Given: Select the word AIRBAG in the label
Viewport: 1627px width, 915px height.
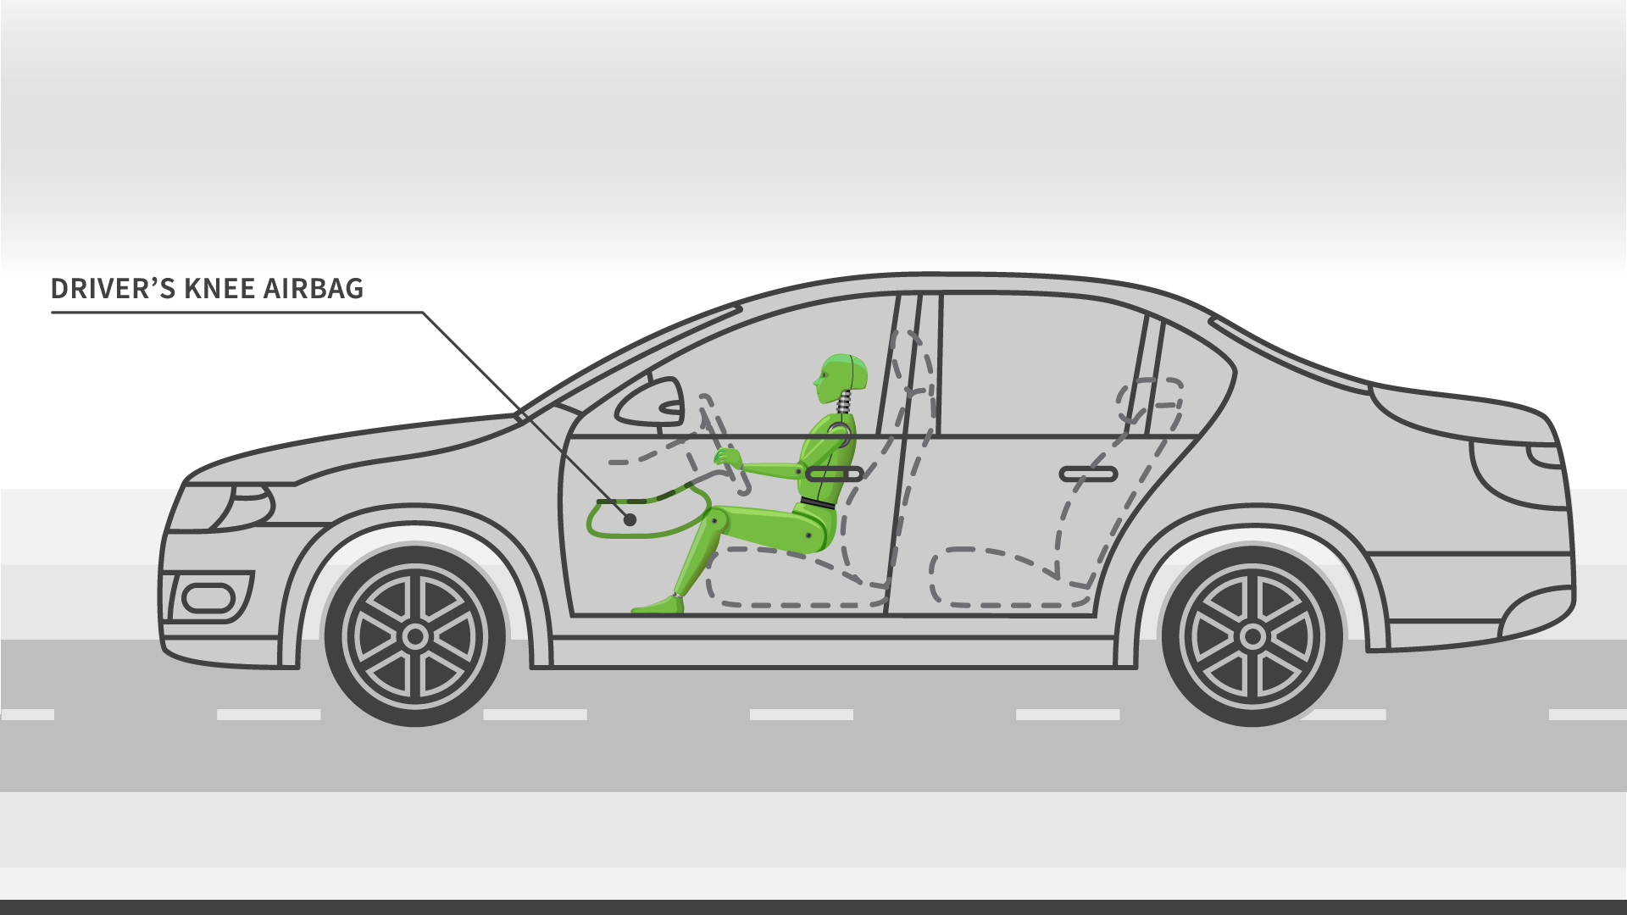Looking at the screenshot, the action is (314, 289).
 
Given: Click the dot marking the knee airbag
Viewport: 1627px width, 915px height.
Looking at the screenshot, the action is (630, 519).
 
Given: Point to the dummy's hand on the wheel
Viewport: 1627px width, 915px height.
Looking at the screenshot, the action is (728, 458).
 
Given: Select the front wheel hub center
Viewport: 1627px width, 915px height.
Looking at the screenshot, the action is (415, 636).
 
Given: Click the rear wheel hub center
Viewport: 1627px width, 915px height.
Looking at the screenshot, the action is (1252, 636).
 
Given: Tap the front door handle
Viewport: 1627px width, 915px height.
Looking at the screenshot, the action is (834, 474).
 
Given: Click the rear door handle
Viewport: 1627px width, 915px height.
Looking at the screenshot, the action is (1089, 474).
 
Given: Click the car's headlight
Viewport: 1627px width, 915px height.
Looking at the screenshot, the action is (242, 506).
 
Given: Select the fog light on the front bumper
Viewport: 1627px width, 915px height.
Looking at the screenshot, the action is (208, 598).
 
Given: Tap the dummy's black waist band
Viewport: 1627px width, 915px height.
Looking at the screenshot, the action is (818, 504).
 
